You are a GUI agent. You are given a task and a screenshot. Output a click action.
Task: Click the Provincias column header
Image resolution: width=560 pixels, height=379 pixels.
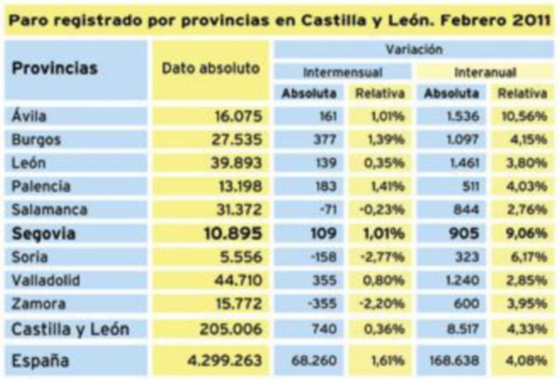tap(55, 69)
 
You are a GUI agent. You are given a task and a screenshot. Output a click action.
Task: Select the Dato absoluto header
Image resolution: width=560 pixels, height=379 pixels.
tap(210, 69)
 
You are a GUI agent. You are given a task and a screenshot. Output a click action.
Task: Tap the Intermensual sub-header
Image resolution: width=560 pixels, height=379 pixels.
tap(342, 72)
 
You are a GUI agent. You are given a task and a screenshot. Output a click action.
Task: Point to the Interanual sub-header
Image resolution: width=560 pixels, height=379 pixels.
tap(485, 72)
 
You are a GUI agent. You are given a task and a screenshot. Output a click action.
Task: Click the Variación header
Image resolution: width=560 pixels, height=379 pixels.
tap(414, 50)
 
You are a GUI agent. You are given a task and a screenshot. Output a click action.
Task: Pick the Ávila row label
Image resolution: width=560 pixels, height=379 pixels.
tap(29, 116)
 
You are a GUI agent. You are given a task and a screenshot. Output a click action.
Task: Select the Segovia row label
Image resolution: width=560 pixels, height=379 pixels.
tap(43, 233)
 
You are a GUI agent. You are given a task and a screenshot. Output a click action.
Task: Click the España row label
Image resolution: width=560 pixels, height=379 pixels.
tap(40, 360)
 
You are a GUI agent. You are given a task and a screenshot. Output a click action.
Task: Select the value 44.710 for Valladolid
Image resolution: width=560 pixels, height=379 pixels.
tap(233, 281)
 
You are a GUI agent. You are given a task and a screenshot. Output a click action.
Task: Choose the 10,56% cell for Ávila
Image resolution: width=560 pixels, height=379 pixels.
tap(521, 116)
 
